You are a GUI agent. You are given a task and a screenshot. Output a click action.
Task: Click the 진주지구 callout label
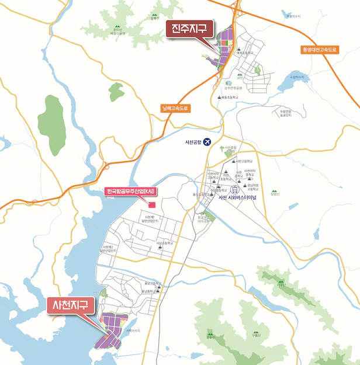click(x=191, y=29)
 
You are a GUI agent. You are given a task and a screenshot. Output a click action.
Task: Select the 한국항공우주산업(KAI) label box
click(x=129, y=192)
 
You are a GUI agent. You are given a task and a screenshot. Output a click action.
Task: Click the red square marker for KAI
click(x=152, y=204)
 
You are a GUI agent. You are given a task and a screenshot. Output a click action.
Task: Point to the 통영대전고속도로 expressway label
click(x=320, y=50)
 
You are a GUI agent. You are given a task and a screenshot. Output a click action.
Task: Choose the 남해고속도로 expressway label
click(x=176, y=108)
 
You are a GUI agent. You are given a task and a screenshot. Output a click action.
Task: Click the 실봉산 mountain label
click(x=154, y=18)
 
